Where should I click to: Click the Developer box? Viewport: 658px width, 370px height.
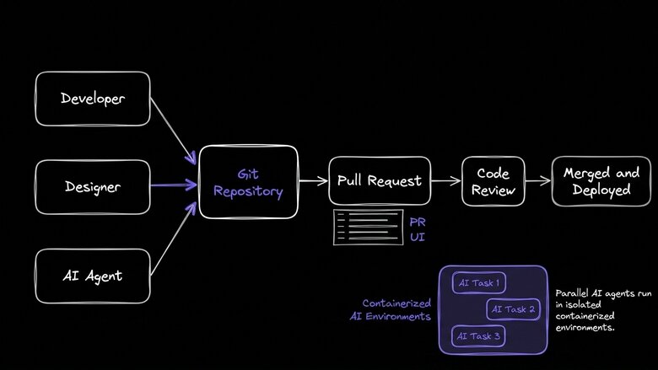click(x=93, y=99)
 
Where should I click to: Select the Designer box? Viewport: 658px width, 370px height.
click(x=93, y=186)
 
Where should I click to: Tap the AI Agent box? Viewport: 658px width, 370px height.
click(x=93, y=276)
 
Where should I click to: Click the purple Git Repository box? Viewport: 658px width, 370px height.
click(x=248, y=183)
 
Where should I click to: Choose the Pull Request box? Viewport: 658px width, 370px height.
click(x=380, y=180)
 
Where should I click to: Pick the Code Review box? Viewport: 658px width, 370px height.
click(x=493, y=180)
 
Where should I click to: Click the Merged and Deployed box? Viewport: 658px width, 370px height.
click(x=601, y=180)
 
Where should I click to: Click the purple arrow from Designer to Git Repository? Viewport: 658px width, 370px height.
click(x=174, y=185)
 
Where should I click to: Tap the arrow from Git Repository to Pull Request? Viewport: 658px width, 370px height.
click(x=313, y=180)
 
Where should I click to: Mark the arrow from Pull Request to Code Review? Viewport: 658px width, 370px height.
click(x=445, y=180)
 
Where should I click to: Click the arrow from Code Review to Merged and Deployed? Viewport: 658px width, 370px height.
click(x=537, y=180)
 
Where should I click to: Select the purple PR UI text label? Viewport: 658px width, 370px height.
click(x=418, y=229)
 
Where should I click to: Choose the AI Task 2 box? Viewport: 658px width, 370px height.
click(x=513, y=309)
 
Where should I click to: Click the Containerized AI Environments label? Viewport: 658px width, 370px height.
click(x=391, y=309)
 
